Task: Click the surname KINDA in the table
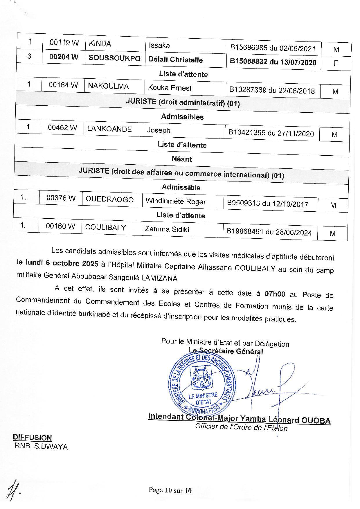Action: (100, 44)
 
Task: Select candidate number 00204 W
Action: (64, 57)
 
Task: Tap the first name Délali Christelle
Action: (176, 60)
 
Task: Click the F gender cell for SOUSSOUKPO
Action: (336, 63)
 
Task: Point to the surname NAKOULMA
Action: (108, 86)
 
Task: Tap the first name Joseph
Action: (159, 130)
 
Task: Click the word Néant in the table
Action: (182, 159)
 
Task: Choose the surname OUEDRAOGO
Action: (110, 200)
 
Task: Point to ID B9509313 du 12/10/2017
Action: (267, 204)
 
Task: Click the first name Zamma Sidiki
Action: (167, 229)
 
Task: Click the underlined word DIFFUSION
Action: (32, 437)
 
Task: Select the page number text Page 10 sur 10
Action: (170, 490)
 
